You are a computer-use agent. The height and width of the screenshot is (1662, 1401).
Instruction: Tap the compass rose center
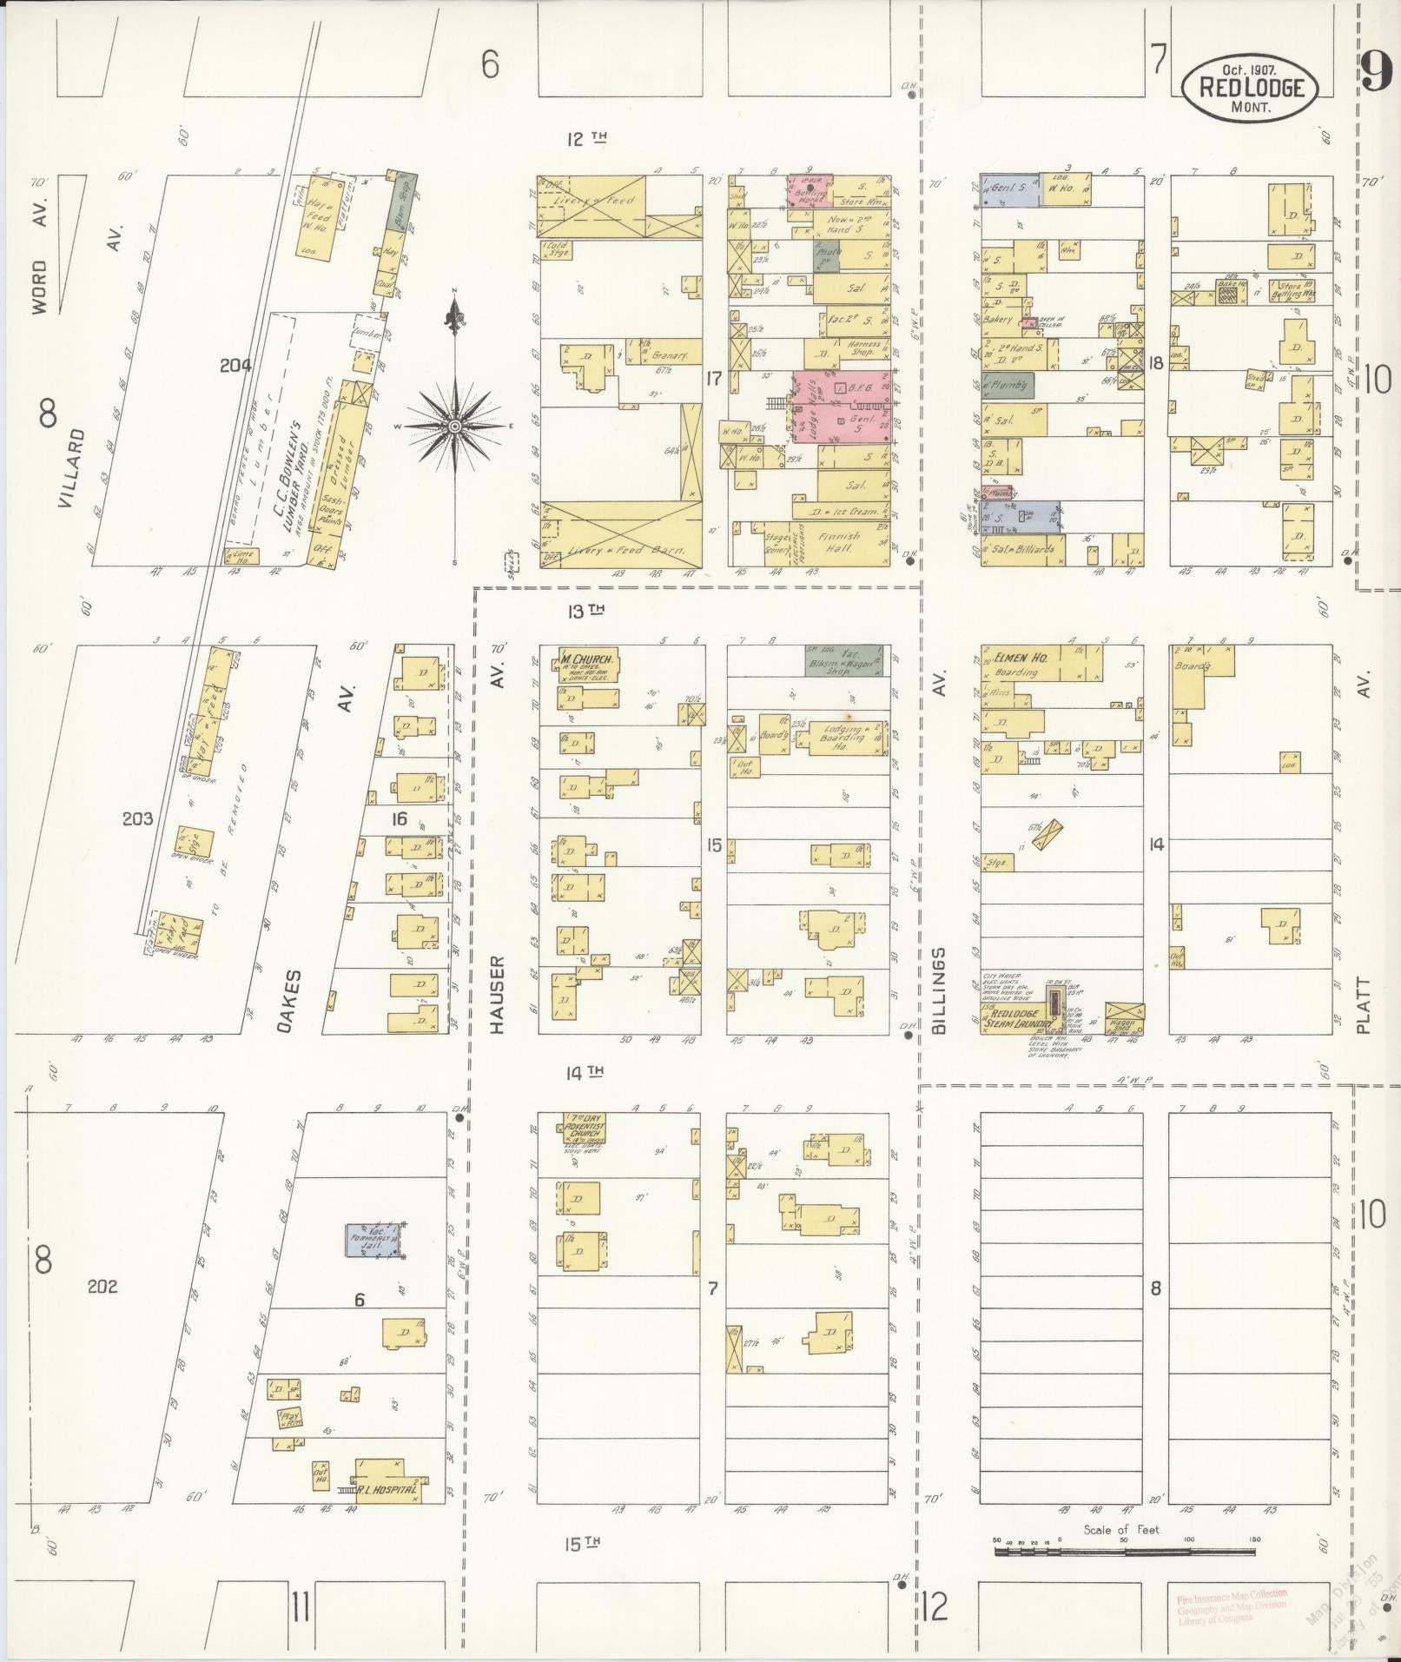(x=454, y=427)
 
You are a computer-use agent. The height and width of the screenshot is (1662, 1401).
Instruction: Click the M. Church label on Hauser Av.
(x=582, y=658)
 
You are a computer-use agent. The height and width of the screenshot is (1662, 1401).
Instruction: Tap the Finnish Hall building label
(x=841, y=543)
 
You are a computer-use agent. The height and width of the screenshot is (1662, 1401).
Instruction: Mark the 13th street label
(x=585, y=611)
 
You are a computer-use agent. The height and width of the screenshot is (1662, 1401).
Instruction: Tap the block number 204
(x=235, y=366)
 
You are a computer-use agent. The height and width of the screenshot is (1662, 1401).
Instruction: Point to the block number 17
(x=714, y=378)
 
